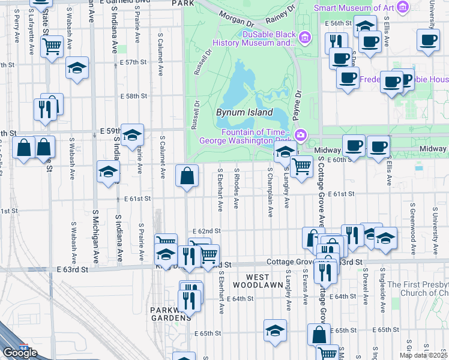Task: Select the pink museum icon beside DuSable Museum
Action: tap(306, 38)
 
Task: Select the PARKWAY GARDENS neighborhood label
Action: tap(163, 315)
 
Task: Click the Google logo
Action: tap(19, 353)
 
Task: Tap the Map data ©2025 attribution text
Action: tap(424, 355)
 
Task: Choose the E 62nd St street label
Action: tap(206, 230)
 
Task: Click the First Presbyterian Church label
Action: tap(418, 289)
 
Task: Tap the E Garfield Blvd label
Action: tap(124, 2)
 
